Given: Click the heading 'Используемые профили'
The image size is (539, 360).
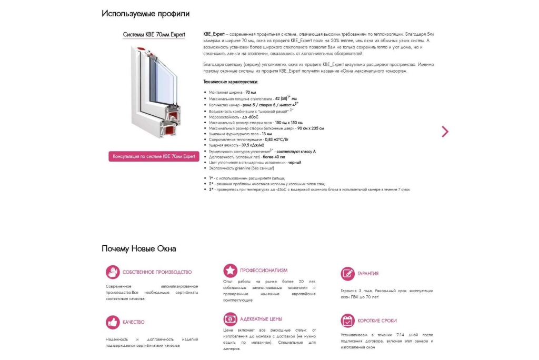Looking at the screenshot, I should [146, 14].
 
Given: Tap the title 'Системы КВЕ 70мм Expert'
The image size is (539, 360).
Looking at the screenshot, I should [154, 35].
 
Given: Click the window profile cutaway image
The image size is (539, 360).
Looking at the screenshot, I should [154, 93].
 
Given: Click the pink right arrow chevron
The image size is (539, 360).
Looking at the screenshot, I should [445, 132].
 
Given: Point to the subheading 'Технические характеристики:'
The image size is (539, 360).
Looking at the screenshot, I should [231, 82].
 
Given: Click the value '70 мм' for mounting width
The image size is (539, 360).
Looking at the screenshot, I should [251, 93].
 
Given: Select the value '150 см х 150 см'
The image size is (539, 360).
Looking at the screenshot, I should [288, 122].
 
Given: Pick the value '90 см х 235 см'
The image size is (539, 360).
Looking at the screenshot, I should [310, 128].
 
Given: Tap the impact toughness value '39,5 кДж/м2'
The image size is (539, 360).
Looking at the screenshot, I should [253, 145].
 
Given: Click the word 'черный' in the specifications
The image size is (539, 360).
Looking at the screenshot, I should [295, 163].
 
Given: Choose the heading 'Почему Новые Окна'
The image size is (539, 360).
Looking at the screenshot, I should [139, 249].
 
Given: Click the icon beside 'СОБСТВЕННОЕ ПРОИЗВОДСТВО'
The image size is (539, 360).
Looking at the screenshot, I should [113, 272].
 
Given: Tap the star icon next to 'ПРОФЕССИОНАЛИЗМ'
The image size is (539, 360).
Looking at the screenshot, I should [230, 271].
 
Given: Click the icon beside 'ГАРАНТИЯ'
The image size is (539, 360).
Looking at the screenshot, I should [347, 274].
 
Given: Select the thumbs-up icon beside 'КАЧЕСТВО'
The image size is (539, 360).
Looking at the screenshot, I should [113, 322].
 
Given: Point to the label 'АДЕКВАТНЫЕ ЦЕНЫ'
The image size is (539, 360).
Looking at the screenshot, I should [261, 319].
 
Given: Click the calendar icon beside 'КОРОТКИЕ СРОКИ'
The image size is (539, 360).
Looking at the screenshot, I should [347, 321].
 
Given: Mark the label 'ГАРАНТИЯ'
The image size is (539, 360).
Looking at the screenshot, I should [368, 274].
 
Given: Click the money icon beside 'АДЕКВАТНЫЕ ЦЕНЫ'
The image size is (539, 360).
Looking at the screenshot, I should [230, 319].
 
